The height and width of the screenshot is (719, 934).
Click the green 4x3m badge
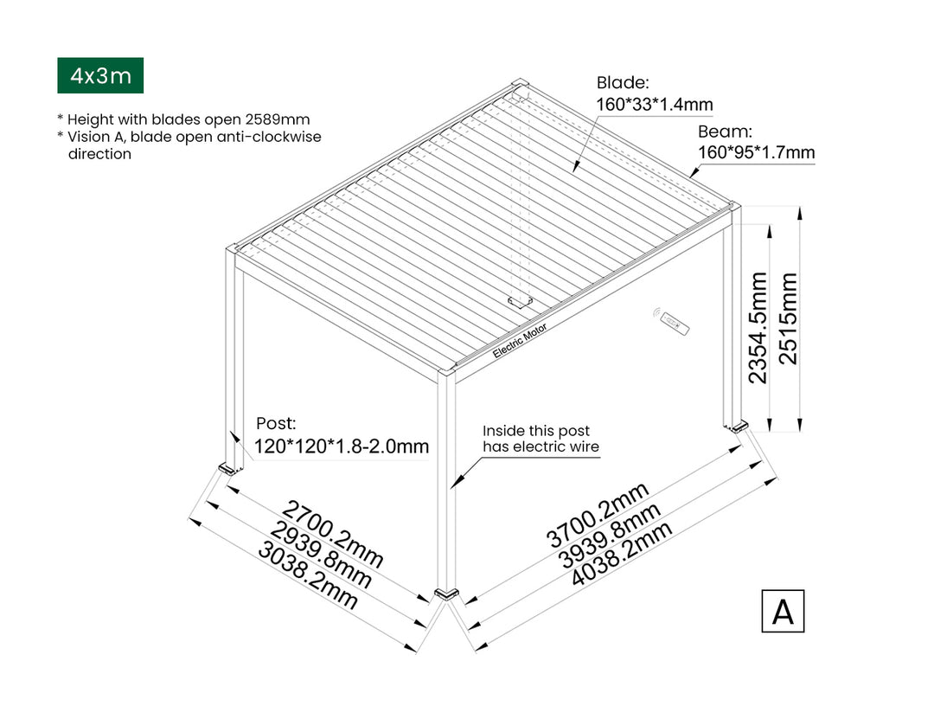pos(100,75)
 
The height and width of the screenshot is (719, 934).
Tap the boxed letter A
pos(783,611)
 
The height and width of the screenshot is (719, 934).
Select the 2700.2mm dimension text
pos(332,534)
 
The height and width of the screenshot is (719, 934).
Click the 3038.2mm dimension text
pos(307,576)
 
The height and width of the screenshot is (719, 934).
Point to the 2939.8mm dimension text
pos(320,555)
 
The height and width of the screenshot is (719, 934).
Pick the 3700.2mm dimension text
pos(597,515)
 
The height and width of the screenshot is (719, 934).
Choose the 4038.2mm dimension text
pos(622,554)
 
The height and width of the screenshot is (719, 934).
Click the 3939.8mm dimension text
pos(610,535)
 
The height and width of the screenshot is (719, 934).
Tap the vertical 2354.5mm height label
pos(758,328)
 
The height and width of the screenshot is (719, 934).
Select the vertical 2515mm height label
pos(788,318)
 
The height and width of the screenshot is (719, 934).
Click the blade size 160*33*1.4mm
pos(655,105)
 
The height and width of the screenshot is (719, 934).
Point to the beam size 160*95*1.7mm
pos(757,152)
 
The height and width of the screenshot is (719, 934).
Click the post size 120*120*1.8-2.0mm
pos(342,446)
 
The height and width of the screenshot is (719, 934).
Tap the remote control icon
pos(673,321)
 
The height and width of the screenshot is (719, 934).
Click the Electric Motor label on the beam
pos(520,341)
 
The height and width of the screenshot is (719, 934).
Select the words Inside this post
pos(536,430)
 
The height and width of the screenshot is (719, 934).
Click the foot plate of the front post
pos(447,594)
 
